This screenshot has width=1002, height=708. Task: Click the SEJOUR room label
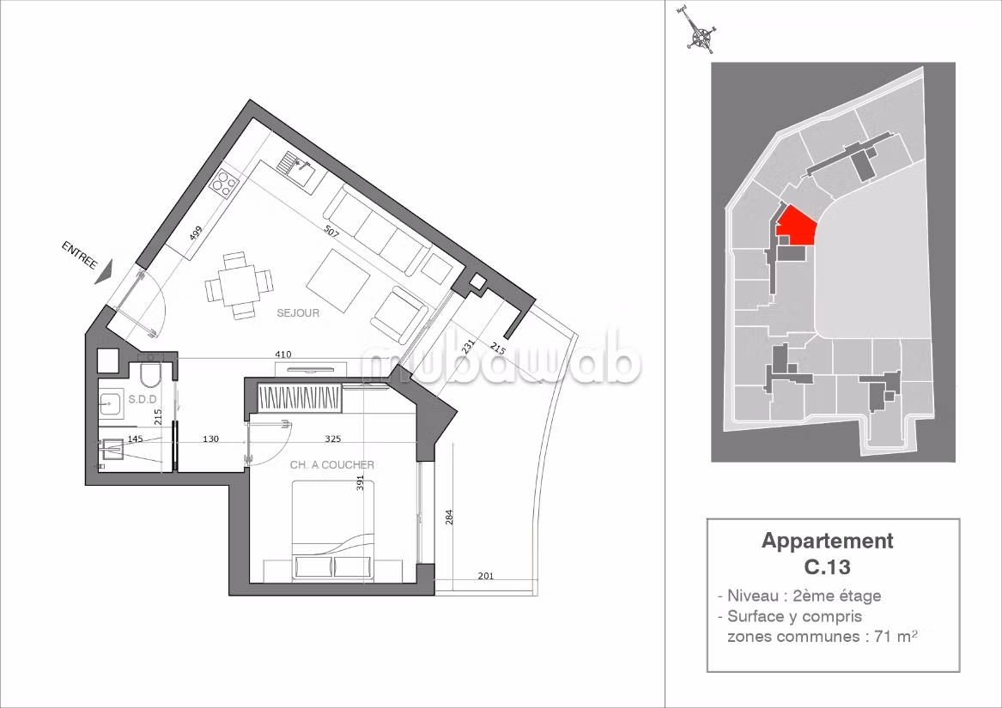(298, 313)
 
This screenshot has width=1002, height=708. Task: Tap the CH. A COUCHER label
(332, 465)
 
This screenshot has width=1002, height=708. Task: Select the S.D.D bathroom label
(143, 399)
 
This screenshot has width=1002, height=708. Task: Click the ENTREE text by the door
(79, 255)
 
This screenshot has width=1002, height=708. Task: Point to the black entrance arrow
(104, 272)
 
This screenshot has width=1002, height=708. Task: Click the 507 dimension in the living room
(331, 232)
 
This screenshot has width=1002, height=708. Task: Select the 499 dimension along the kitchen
(197, 233)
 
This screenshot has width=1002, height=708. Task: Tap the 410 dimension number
(283, 354)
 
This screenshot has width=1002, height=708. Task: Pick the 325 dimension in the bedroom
(333, 439)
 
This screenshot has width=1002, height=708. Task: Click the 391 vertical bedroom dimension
(361, 482)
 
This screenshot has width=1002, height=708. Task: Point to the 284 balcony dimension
(449, 517)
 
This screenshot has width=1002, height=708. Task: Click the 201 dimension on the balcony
(486, 577)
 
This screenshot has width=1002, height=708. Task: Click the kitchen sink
(299, 167)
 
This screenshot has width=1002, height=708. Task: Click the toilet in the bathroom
(151, 374)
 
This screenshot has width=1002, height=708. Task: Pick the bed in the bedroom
(334, 531)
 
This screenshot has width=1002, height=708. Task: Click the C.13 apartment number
(828, 566)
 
